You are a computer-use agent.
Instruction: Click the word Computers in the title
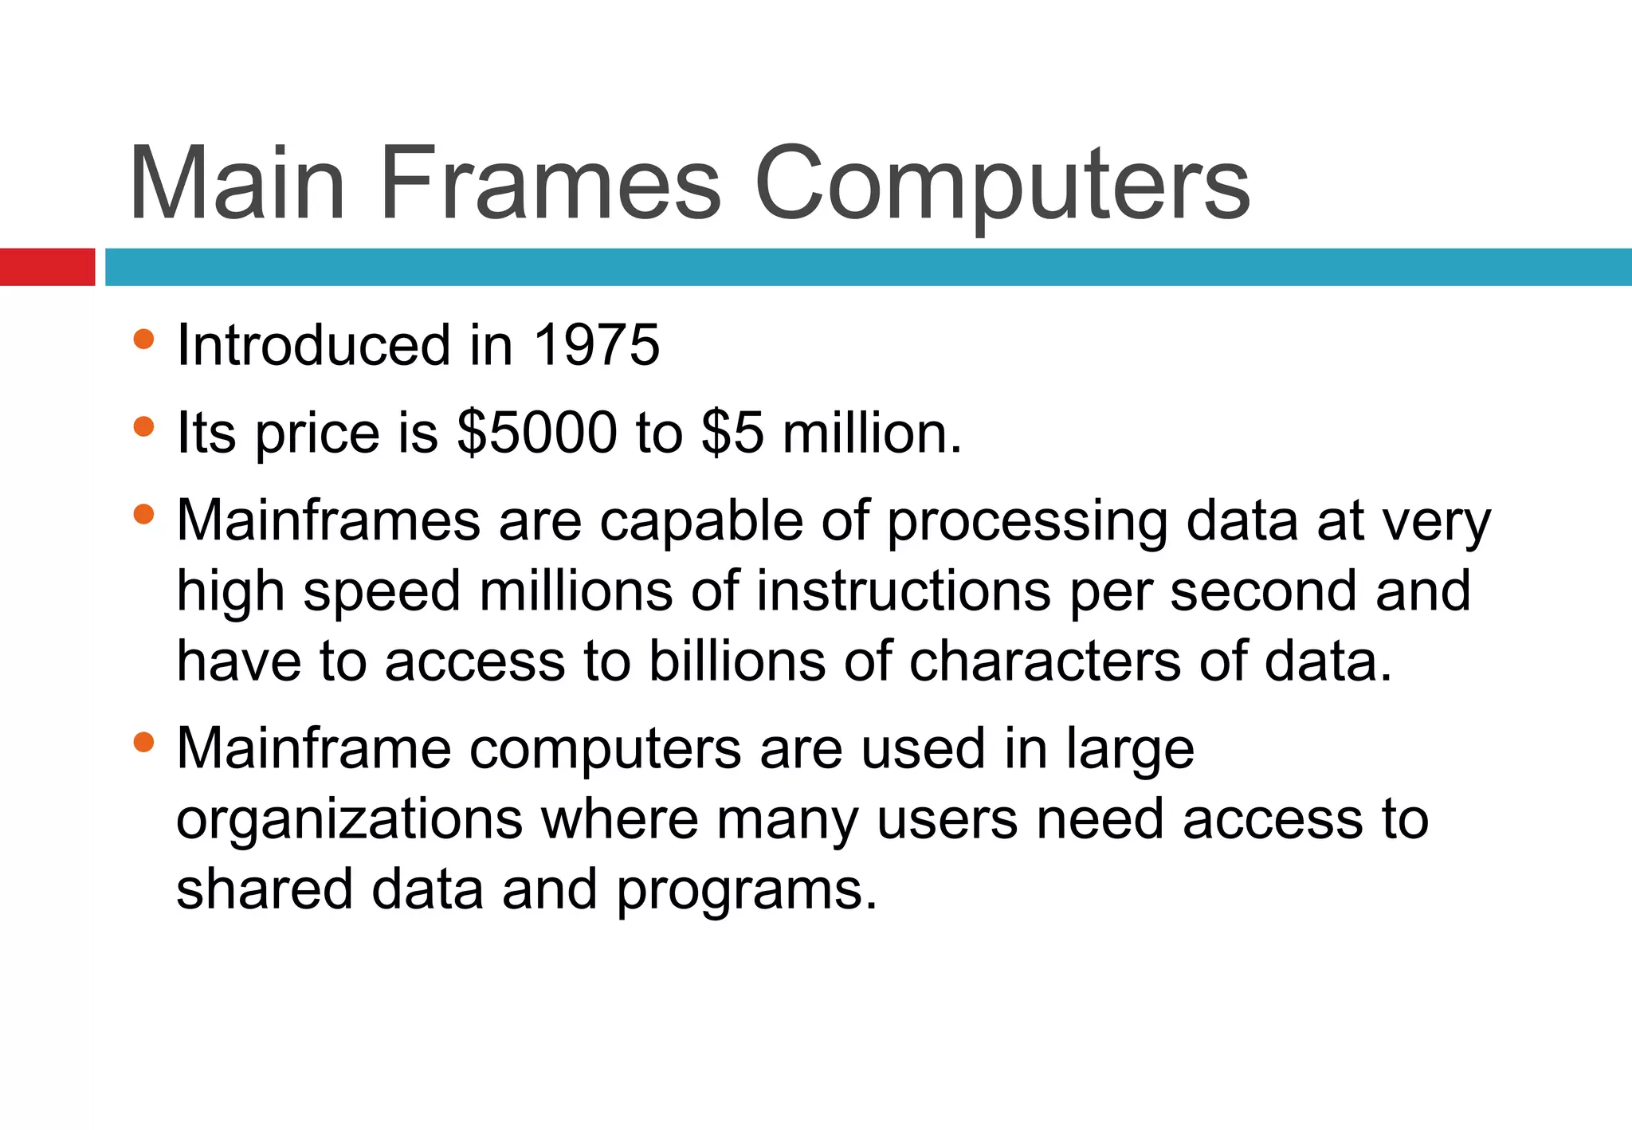tap(1002, 185)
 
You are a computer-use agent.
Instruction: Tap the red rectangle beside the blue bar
tap(47, 267)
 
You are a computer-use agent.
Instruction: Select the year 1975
tap(596, 346)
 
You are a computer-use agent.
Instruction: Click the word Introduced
tap(314, 346)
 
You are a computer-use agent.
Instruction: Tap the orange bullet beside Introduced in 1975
tap(143, 339)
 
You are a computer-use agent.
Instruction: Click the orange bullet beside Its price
tap(143, 427)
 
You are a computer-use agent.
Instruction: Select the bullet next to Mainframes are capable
tap(143, 515)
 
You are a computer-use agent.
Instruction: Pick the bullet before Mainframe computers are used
tap(143, 743)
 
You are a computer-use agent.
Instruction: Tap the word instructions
tap(903, 591)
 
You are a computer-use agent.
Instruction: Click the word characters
tap(1045, 661)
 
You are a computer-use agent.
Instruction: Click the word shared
tap(264, 889)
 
